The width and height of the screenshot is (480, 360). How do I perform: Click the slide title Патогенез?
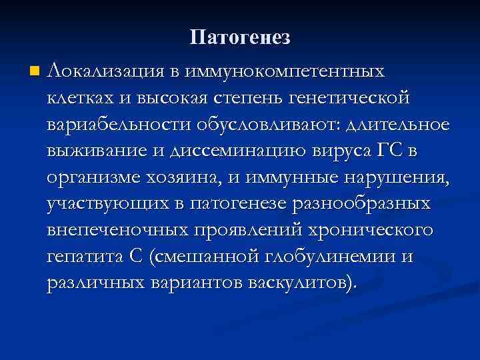click(240, 37)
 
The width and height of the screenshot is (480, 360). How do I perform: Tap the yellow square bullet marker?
click(35, 70)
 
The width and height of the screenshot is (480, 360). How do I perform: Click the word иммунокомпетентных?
click(287, 69)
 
